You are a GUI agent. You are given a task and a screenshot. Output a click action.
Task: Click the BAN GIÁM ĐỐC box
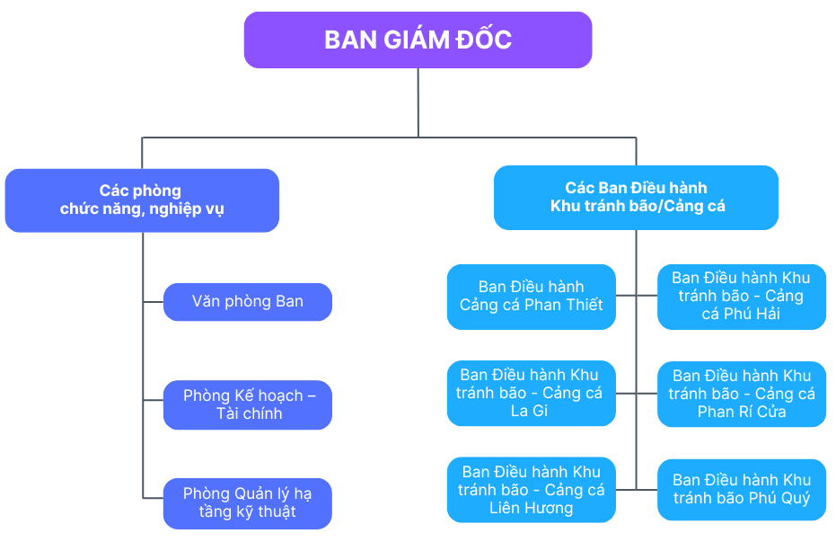click(418, 40)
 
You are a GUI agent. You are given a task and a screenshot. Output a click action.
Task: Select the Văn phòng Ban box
click(248, 302)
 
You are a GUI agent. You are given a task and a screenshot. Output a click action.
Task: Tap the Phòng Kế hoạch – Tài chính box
click(248, 404)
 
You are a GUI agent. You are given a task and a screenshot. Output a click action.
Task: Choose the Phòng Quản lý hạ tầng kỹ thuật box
click(248, 503)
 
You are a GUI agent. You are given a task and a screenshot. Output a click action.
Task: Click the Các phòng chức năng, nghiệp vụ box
click(142, 200)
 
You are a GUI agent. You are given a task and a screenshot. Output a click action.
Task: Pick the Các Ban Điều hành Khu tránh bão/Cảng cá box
click(636, 197)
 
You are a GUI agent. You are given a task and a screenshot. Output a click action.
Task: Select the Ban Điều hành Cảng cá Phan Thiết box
click(532, 297)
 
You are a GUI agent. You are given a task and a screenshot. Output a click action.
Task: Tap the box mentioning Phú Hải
click(741, 297)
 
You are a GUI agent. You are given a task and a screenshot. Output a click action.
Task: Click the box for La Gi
click(532, 394)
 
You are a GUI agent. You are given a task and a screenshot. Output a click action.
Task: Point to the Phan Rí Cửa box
click(741, 394)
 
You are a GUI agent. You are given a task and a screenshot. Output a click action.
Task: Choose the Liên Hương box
click(532, 490)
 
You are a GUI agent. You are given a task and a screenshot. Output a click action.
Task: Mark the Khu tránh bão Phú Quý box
click(741, 490)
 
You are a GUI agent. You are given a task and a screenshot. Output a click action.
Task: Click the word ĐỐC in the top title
click(486, 40)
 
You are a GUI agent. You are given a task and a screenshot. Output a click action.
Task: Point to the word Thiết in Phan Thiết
click(585, 306)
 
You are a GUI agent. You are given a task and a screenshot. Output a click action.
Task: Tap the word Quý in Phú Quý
click(793, 499)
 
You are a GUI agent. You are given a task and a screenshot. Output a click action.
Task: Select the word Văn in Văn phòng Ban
click(207, 302)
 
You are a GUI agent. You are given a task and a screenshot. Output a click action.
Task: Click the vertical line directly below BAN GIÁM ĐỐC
click(418, 102)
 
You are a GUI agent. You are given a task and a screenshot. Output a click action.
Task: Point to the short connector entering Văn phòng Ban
click(153, 302)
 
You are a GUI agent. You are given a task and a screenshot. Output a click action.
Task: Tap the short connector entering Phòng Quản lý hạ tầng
click(153, 497)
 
